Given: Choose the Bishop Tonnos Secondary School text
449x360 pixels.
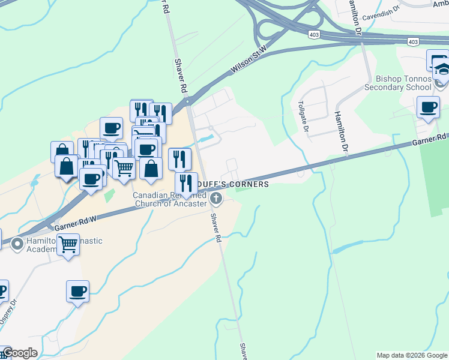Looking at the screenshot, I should point(403,83).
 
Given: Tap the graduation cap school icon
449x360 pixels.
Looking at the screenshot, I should point(441,67).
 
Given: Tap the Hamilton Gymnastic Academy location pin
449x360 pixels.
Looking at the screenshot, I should point(17,244).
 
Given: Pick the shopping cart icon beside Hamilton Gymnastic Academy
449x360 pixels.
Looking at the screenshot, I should point(68,244).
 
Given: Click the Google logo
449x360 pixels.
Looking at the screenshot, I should point(20,353).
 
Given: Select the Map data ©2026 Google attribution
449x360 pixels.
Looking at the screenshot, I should point(412,355).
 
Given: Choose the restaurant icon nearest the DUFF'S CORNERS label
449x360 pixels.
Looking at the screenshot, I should point(186,182).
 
